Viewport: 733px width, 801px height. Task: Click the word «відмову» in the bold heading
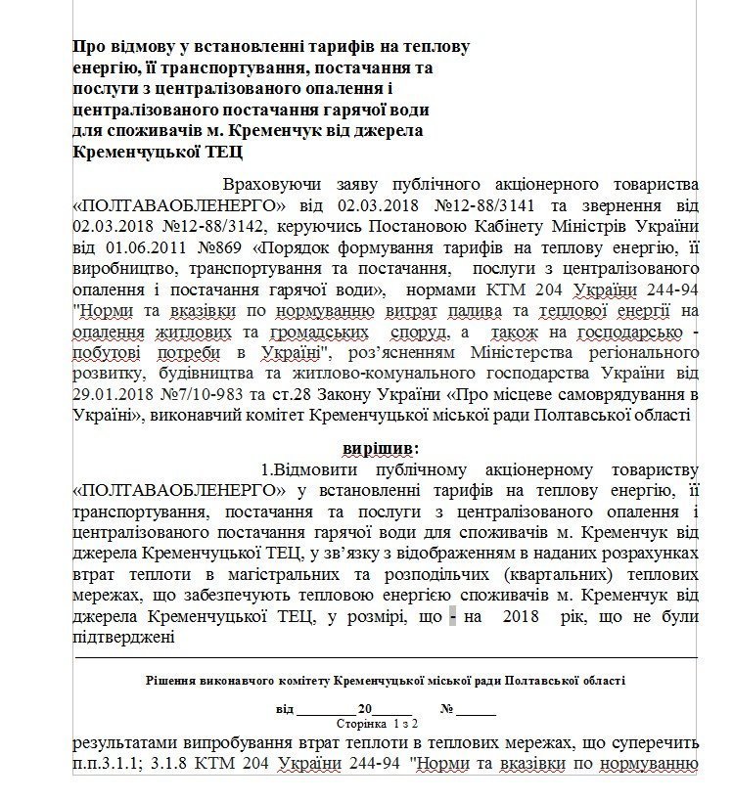pos(134,47)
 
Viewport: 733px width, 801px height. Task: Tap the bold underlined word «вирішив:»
pos(379,447)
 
